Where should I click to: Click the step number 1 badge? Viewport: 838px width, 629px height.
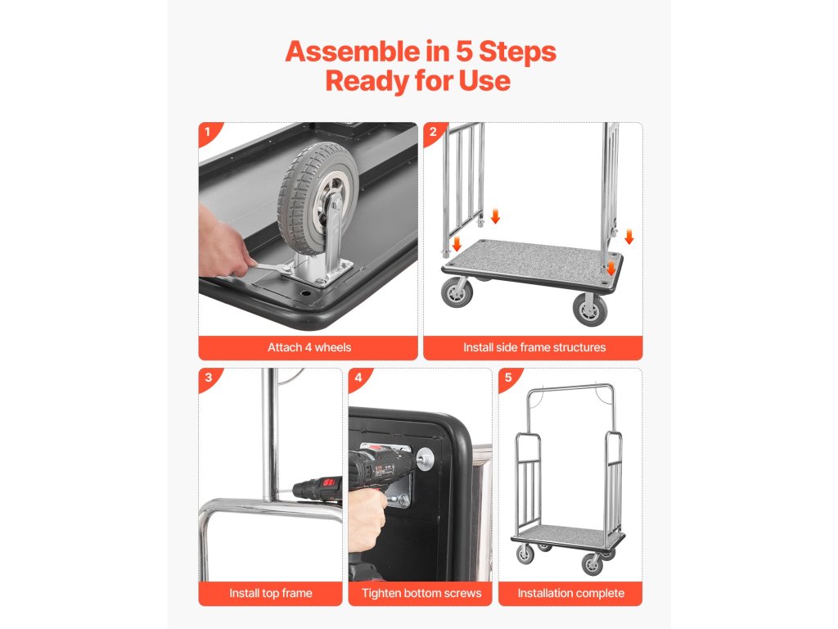(209, 132)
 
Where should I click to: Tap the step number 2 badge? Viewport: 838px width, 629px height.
(434, 132)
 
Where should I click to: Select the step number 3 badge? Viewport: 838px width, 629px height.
(209, 378)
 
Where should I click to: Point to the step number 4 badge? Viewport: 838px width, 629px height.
(358, 378)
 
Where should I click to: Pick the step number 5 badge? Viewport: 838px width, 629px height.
(508, 378)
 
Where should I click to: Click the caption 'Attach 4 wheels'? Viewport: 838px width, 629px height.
(309, 347)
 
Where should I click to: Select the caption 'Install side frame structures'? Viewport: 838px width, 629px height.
(534, 347)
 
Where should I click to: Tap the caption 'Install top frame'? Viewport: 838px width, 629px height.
(270, 593)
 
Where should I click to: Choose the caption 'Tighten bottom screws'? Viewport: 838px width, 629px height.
(421, 593)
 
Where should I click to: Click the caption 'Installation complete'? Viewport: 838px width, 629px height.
(570, 593)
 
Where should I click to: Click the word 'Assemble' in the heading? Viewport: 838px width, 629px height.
(353, 52)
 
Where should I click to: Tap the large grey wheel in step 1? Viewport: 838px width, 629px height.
(318, 198)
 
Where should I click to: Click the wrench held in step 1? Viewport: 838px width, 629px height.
(271, 268)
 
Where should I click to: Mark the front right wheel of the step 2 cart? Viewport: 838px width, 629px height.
(590, 309)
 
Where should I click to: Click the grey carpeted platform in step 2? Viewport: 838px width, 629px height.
(532, 263)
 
